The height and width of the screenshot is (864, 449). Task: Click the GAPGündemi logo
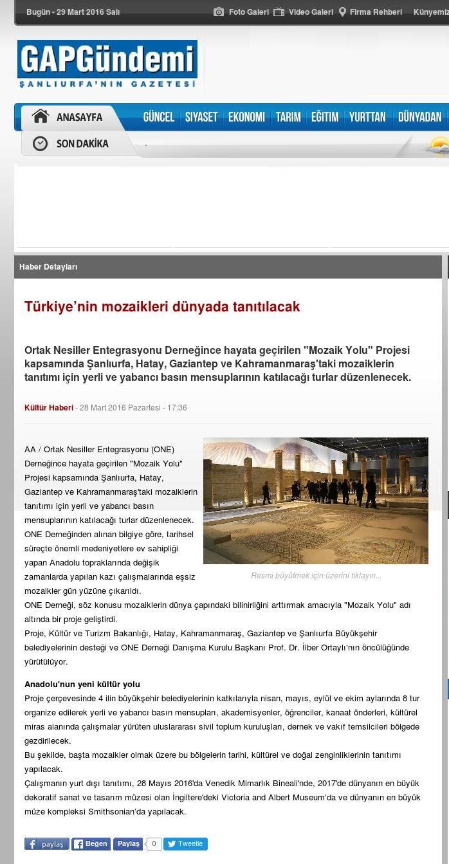(x=107, y=65)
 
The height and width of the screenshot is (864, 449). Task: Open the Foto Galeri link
(x=241, y=12)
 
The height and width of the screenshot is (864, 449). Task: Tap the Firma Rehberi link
(x=371, y=12)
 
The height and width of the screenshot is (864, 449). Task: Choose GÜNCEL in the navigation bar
(x=159, y=117)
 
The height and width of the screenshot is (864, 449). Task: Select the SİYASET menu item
(x=201, y=117)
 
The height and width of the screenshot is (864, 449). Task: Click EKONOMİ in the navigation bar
(x=246, y=117)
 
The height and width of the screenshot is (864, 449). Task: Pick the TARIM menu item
(x=288, y=117)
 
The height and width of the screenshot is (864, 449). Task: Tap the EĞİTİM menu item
(x=325, y=117)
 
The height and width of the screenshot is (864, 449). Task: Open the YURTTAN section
(x=367, y=117)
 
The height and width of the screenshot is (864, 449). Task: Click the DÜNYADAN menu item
(x=419, y=117)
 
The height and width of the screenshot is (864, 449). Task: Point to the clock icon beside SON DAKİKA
(x=41, y=143)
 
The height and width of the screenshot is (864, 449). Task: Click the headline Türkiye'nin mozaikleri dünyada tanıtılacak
(x=162, y=307)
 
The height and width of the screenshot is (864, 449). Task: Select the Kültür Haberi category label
(x=49, y=408)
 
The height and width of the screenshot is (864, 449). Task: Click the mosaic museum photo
(x=315, y=501)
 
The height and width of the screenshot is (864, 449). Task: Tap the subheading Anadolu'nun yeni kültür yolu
(x=82, y=684)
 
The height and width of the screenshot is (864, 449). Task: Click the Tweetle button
(x=185, y=844)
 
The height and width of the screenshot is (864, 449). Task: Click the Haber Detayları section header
(x=48, y=267)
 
